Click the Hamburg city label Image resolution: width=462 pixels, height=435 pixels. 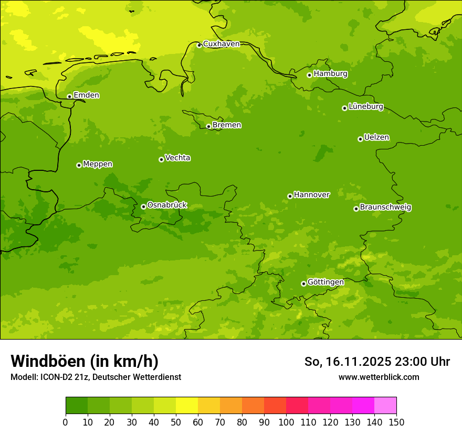pos(330,74)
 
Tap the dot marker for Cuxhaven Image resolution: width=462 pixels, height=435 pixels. pos(199,45)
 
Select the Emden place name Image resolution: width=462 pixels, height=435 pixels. pos(86,95)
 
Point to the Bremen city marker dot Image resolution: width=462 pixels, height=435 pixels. pos(208,126)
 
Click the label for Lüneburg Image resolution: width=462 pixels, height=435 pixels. pos(365,106)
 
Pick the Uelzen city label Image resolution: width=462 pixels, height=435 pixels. pos(376,137)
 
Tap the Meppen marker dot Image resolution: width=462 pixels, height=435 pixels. pos(79,165)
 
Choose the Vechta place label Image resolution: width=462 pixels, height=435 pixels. pos(177,158)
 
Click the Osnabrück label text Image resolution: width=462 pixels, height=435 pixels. pos(167,205)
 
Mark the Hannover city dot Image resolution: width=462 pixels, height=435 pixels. pos(290,196)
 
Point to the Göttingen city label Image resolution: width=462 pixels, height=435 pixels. pos(325,282)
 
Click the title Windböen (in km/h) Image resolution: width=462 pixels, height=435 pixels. pos(85,361)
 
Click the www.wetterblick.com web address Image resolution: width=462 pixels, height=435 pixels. pos(379,377)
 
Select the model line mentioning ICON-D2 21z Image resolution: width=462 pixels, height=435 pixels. pos(96,377)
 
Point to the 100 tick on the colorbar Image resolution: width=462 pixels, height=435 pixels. pos(286,422)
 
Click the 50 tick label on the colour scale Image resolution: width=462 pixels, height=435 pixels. pos(176,422)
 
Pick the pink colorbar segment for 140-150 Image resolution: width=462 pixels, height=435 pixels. pos(385,406)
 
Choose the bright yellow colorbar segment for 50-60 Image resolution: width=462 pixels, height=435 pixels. pos(187,406)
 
